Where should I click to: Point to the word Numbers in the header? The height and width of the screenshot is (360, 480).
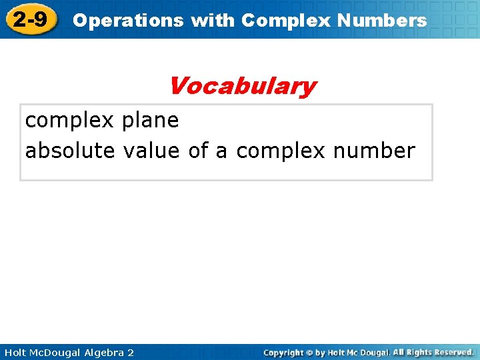(382, 21)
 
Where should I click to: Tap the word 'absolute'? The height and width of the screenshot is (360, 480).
(70, 151)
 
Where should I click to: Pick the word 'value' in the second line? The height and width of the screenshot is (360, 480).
(151, 151)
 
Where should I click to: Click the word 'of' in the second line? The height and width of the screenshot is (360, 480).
(199, 151)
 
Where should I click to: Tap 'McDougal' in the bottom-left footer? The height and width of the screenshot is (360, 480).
(58, 352)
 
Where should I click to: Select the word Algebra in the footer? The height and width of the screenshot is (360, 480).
(105, 352)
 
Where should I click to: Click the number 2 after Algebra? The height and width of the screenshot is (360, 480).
(131, 352)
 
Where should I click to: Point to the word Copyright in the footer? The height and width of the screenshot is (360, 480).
(284, 352)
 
